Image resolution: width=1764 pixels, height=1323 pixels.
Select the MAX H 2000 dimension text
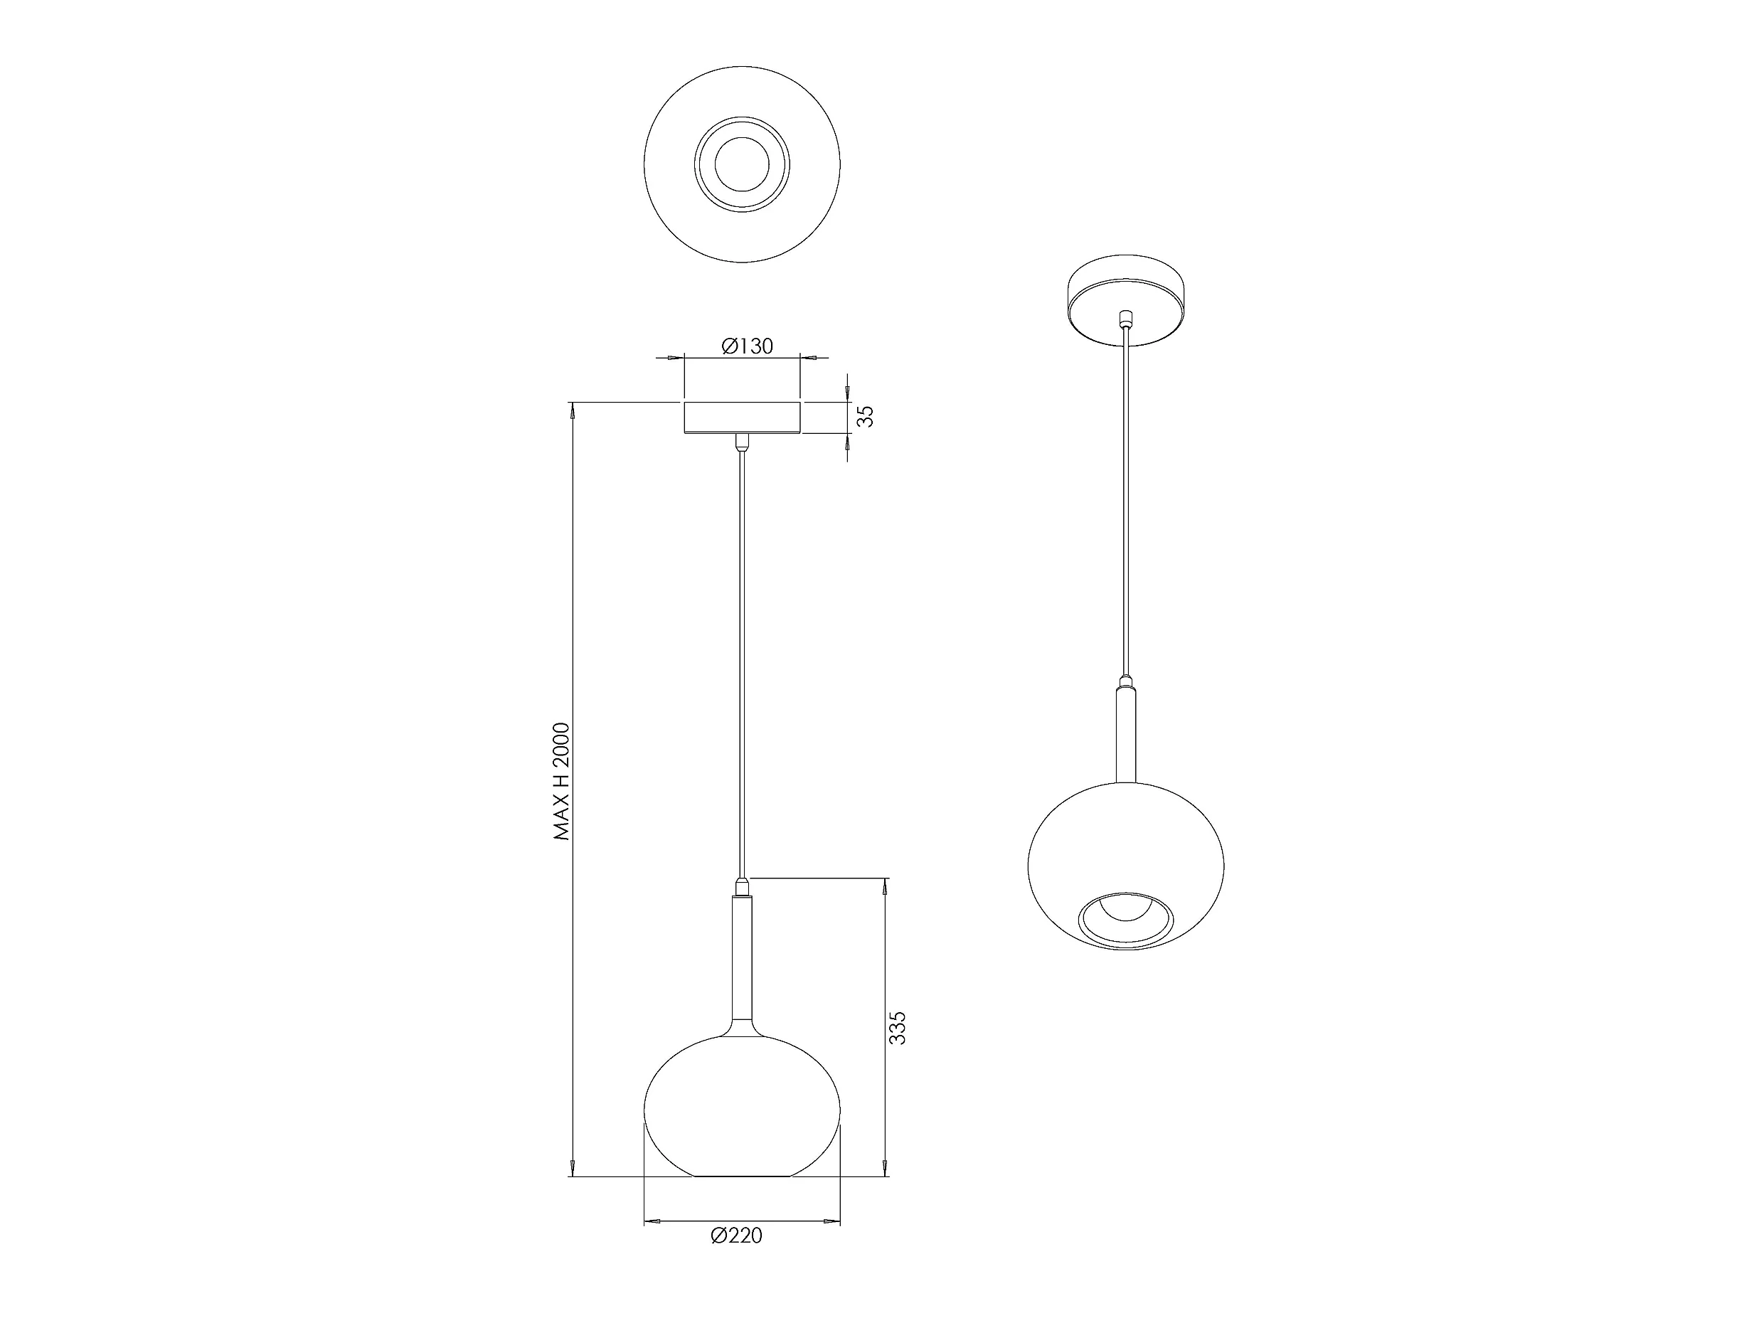(x=563, y=782)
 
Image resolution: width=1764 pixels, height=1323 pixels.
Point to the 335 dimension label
(x=897, y=1029)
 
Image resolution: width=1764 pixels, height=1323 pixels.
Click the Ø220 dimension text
(x=736, y=1236)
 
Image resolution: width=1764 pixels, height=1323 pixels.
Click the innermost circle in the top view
(x=743, y=164)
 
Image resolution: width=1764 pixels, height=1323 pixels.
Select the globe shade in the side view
(x=743, y=1106)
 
